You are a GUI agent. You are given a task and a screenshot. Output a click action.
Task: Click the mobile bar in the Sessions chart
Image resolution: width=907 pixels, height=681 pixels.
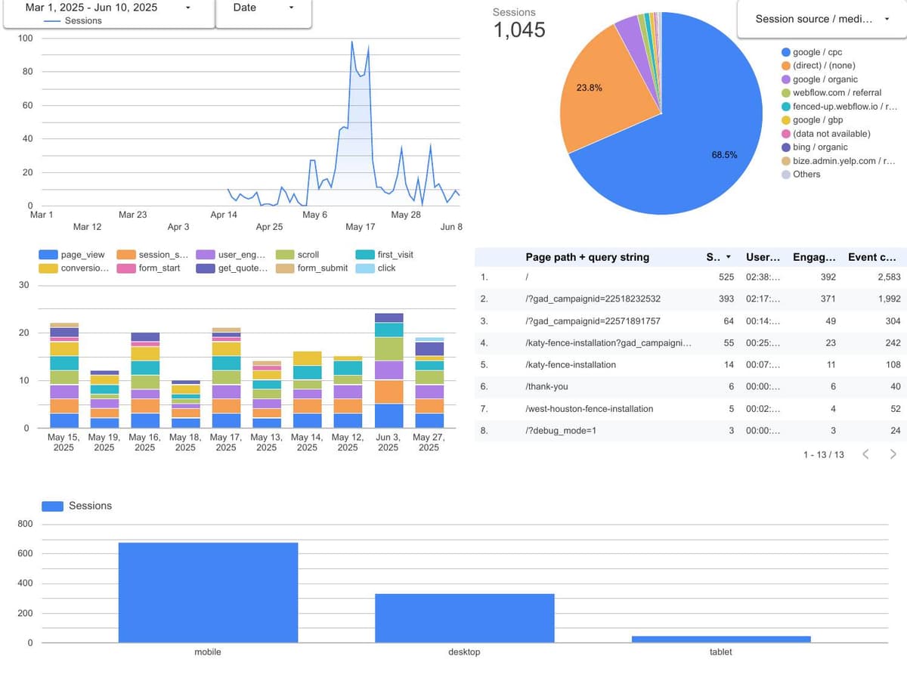tap(208, 593)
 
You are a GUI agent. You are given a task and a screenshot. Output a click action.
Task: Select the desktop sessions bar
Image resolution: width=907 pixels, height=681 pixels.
tap(464, 618)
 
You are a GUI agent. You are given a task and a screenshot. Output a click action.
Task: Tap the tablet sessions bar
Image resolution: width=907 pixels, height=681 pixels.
tap(721, 639)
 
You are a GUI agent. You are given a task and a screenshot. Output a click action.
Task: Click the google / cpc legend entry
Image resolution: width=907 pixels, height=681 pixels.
tap(817, 52)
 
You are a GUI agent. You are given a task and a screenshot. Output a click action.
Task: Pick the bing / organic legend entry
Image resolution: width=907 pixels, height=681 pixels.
tap(820, 147)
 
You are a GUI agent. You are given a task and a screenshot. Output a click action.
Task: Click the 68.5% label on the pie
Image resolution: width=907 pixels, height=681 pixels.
tap(724, 154)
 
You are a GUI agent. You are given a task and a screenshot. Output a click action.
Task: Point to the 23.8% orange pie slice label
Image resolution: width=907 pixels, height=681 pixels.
tap(590, 88)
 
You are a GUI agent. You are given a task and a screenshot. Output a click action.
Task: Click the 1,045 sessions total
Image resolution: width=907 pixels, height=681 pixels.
tap(519, 30)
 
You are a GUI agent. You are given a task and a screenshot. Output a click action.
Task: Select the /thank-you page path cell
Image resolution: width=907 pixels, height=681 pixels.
tap(546, 386)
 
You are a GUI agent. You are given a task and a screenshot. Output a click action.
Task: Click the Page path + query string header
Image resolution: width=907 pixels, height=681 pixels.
tap(587, 257)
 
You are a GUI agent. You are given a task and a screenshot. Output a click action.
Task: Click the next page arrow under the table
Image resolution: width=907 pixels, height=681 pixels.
tap(893, 454)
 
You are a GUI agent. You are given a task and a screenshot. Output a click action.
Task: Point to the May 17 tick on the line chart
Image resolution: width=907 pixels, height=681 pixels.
tap(361, 227)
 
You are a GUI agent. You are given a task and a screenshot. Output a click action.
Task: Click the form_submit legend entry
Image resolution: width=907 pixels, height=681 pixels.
tap(323, 268)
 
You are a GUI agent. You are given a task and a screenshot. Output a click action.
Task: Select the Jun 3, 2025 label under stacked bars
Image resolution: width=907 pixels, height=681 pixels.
tap(388, 442)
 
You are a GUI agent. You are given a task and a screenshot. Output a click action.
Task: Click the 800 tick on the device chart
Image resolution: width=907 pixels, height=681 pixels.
tap(25, 524)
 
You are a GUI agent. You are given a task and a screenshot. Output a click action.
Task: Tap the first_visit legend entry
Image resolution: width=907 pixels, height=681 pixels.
tap(395, 255)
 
